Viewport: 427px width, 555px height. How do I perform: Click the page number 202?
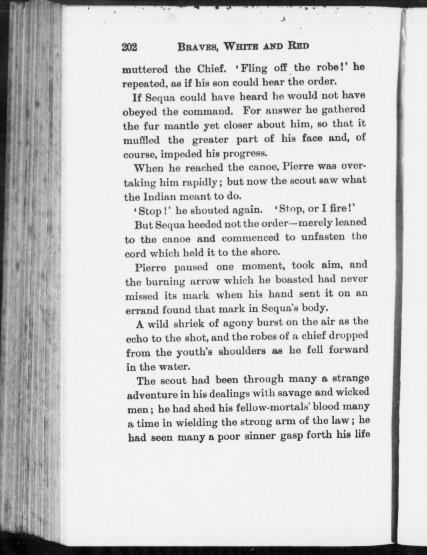(x=129, y=47)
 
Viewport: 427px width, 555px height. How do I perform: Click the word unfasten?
(x=323, y=238)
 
